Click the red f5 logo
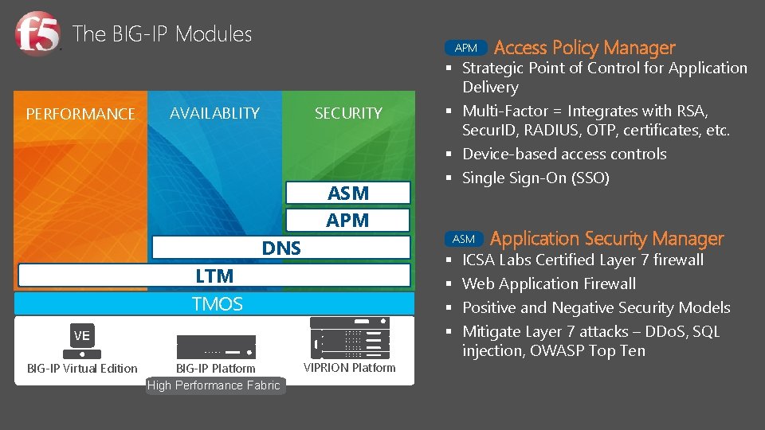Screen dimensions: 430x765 [37, 35]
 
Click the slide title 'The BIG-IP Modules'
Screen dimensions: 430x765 [162, 34]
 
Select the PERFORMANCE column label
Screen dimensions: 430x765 [80, 114]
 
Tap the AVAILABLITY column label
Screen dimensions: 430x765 [214, 113]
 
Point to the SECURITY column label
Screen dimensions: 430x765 [348, 114]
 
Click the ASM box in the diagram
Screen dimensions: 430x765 [348, 193]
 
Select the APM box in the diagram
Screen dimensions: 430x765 [348, 221]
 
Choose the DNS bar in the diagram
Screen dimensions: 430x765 [281, 248]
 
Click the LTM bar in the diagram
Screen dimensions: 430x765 [214, 276]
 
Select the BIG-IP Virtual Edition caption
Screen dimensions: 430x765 [82, 368]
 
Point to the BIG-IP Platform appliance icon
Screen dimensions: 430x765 [216, 346]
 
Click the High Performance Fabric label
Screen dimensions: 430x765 [214, 385]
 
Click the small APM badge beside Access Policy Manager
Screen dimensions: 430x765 [465, 49]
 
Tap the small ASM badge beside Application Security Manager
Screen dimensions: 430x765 [463, 239]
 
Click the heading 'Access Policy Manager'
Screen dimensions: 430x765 [584, 49]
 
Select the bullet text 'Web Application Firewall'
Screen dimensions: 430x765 [548, 283]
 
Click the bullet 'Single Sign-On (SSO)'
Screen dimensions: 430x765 [535, 178]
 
